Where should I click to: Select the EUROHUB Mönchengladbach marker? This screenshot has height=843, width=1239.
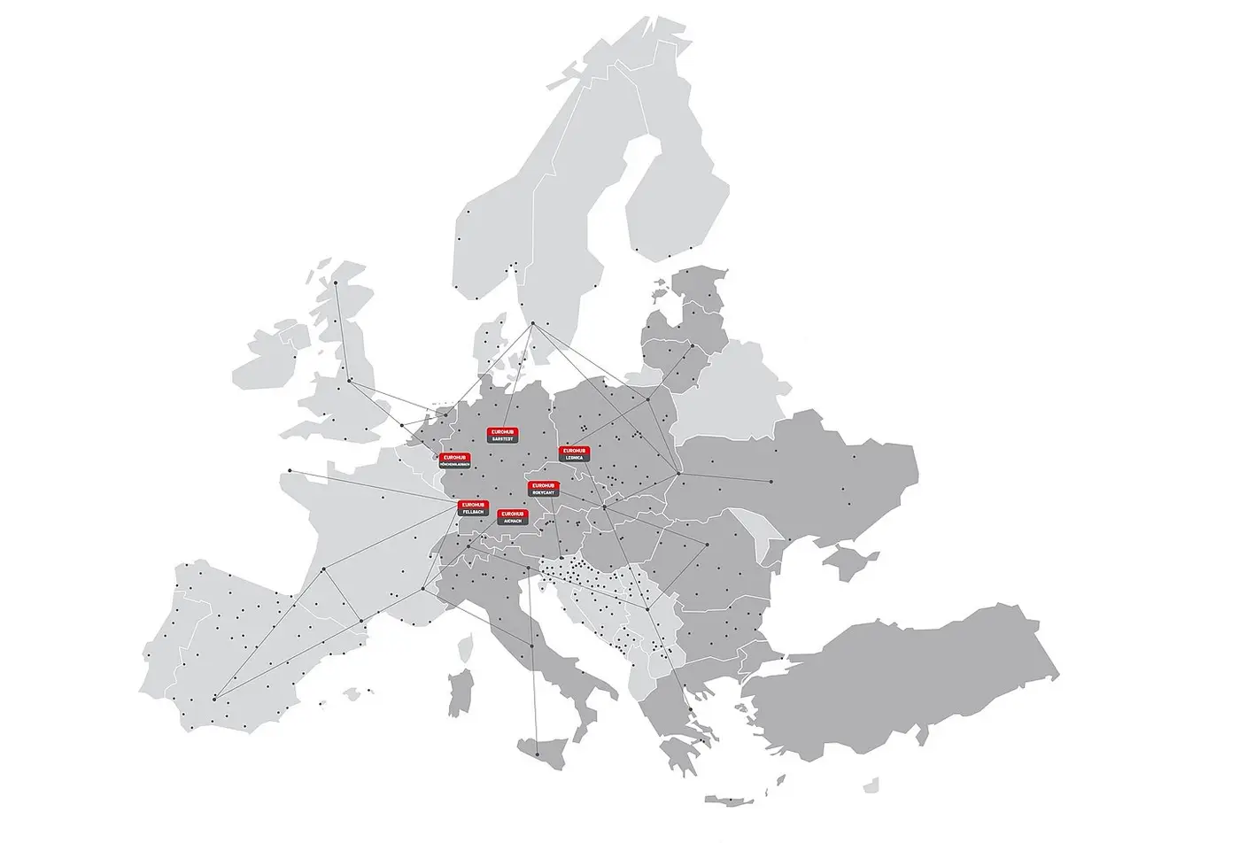[x=455, y=460]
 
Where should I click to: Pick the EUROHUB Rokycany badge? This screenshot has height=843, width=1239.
[x=543, y=488]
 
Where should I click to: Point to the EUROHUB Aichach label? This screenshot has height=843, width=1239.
[x=512, y=517]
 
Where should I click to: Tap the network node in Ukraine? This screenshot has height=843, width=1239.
[x=771, y=481]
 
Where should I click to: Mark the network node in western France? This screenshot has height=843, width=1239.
[x=290, y=470]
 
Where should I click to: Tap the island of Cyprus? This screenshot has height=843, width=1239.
[x=872, y=784]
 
